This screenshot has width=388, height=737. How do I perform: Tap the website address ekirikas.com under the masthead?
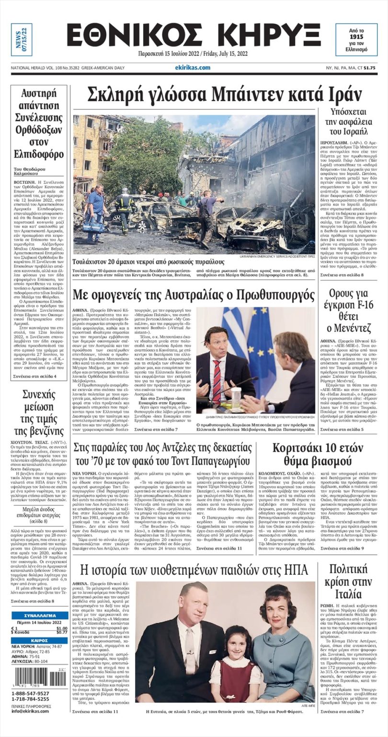tap(193, 68)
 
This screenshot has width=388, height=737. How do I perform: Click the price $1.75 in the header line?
tap(369, 68)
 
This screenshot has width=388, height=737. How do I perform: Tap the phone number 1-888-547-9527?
tap(30, 693)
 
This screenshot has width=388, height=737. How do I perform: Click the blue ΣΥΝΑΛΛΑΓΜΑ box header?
tap(40, 616)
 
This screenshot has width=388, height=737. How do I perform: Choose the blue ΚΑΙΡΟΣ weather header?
tap(40, 641)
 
